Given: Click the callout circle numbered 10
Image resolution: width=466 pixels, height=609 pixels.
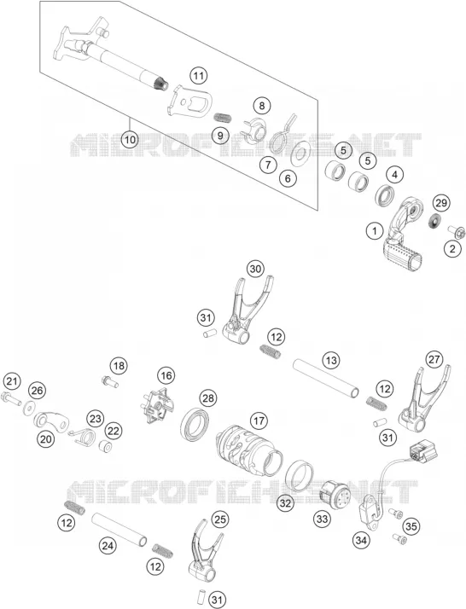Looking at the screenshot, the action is click(130, 139).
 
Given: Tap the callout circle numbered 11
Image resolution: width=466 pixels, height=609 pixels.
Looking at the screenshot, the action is click(199, 75).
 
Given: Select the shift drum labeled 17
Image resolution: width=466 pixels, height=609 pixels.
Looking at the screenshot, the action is click(249, 449).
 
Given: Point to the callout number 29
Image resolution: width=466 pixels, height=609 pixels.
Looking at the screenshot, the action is click(441, 202).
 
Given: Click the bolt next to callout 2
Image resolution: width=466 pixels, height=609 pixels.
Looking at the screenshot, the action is click(457, 231).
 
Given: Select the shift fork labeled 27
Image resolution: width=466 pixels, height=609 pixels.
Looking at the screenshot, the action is click(423, 399).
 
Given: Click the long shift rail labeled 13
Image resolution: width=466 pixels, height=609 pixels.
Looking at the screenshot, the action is click(326, 379).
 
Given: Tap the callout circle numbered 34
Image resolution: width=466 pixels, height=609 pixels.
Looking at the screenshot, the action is click(361, 540).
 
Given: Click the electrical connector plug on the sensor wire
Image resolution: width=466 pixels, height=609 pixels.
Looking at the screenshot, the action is click(422, 451).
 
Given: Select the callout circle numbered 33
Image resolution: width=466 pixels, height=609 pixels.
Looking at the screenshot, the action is click(323, 519).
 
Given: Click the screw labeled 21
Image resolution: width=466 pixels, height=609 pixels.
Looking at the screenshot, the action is click(11, 398).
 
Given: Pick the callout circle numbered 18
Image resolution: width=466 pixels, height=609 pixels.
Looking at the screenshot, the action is click(119, 365).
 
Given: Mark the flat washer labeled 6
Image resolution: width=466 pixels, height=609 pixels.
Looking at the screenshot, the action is click(300, 153).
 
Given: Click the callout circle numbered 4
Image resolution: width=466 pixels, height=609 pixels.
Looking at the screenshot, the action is click(394, 174).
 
